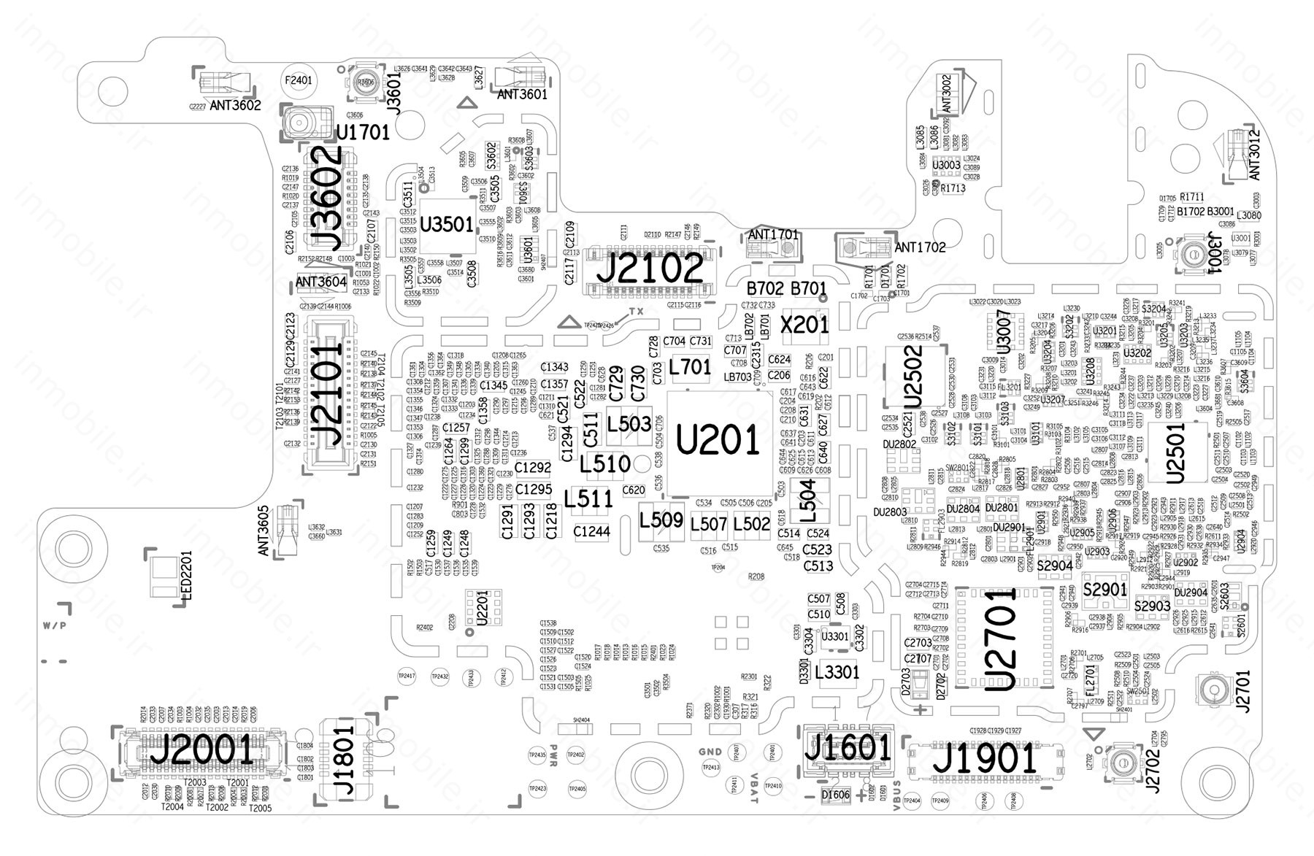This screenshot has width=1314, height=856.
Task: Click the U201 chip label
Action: click(x=718, y=441)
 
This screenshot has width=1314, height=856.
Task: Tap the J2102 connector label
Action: click(x=651, y=269)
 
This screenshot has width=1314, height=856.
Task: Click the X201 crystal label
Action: click(x=804, y=324)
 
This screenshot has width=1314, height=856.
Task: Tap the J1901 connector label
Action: click(x=985, y=760)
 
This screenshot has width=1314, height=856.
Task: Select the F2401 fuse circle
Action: click(x=298, y=80)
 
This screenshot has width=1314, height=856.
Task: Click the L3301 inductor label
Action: click(x=837, y=671)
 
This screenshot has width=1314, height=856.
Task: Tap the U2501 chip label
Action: click(x=1175, y=452)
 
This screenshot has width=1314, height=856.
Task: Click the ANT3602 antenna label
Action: click(x=235, y=106)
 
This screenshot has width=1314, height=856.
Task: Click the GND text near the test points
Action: click(x=710, y=752)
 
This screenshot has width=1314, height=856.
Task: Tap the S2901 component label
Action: click(x=1105, y=589)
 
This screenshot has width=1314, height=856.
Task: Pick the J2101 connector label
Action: click(x=326, y=395)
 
